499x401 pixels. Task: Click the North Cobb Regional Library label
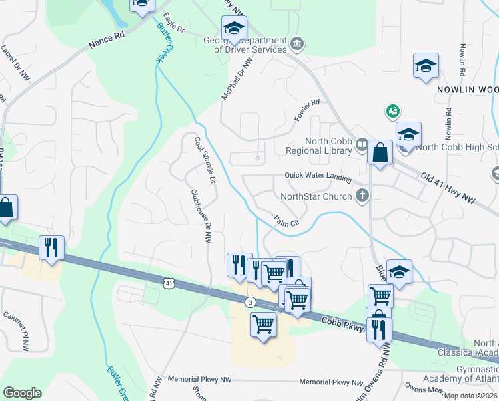328,146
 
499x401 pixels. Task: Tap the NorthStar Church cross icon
362,196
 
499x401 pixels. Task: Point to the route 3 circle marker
249,301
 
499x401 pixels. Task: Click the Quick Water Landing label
318,176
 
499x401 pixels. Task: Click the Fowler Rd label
307,110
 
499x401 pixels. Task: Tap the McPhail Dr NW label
238,78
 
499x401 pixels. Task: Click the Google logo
22,392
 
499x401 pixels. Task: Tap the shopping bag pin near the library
380,152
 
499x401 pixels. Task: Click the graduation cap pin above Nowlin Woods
426,65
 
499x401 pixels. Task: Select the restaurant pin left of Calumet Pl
51,247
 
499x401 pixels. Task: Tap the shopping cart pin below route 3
264,325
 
